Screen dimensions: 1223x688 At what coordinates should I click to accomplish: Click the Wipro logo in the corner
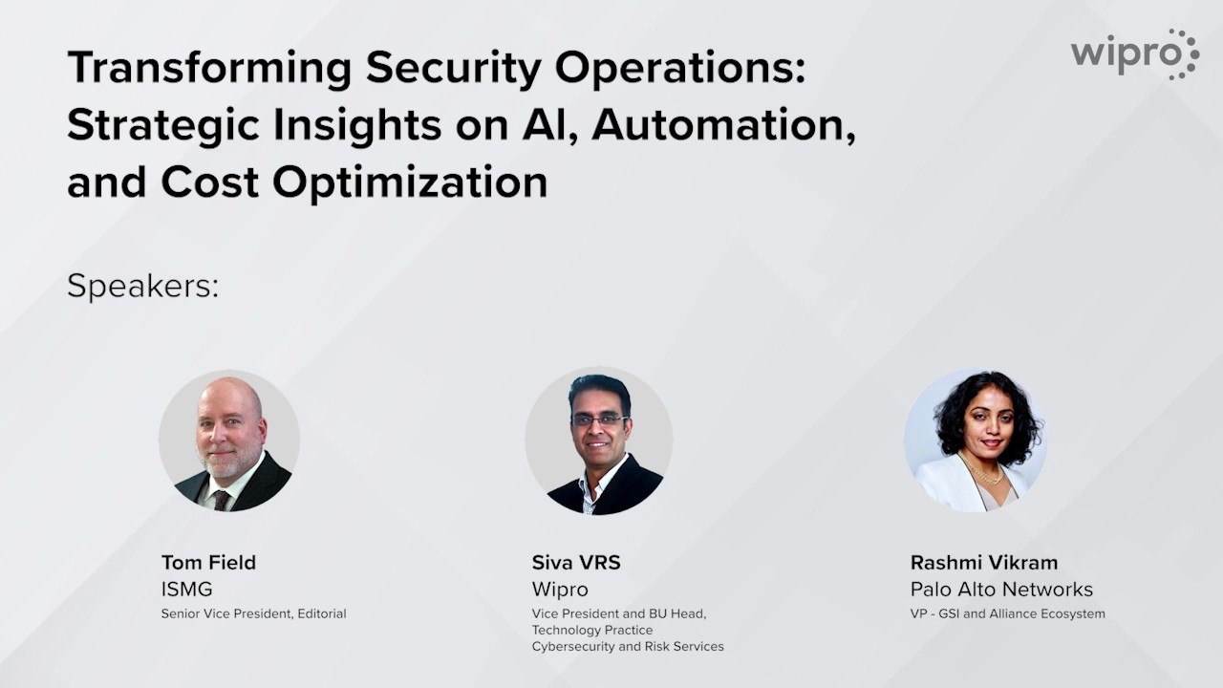(x=1135, y=54)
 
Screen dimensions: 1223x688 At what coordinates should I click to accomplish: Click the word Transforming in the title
(x=209, y=68)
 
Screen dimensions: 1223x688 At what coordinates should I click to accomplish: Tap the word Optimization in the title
(x=410, y=183)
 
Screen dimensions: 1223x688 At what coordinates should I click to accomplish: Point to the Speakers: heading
(x=143, y=286)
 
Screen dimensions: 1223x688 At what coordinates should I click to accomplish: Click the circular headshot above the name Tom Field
(x=229, y=441)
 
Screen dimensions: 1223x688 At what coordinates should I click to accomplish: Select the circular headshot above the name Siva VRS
(x=599, y=441)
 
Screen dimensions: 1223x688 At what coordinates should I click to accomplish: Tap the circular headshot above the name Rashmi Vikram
(x=976, y=441)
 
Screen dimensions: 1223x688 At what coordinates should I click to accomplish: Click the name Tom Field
(x=208, y=563)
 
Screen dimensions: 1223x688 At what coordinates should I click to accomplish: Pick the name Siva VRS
(x=576, y=563)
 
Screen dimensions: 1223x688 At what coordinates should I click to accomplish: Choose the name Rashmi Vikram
(x=984, y=563)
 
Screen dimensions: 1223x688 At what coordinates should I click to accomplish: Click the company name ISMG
(x=186, y=590)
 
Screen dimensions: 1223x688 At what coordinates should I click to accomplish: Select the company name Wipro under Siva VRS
(x=560, y=590)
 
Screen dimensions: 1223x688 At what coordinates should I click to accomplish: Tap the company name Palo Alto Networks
(x=1001, y=590)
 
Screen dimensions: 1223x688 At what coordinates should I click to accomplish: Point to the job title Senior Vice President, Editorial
(x=253, y=613)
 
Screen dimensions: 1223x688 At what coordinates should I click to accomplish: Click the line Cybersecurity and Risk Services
(x=628, y=647)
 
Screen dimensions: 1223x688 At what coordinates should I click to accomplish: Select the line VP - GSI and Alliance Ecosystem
(x=1007, y=613)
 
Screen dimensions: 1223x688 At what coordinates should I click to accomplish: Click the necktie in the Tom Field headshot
(x=221, y=500)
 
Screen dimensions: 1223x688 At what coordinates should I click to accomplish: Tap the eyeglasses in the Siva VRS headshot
(x=599, y=420)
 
